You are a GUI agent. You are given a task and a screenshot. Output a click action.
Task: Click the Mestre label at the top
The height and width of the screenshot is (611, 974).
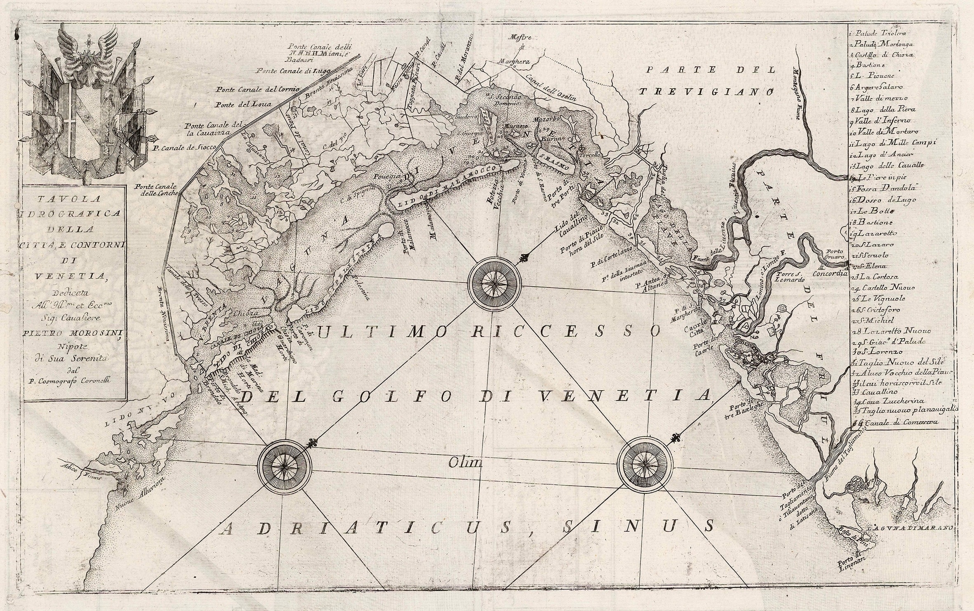point(521,37)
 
